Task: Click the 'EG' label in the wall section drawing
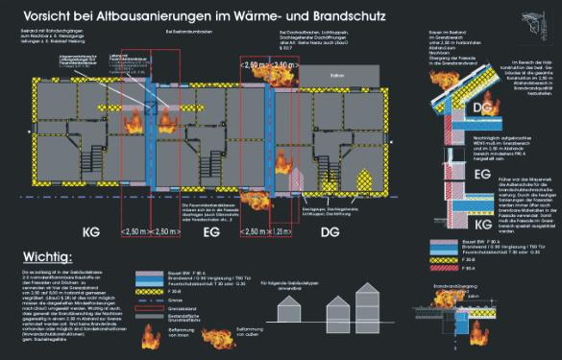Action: tap(483, 174)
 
